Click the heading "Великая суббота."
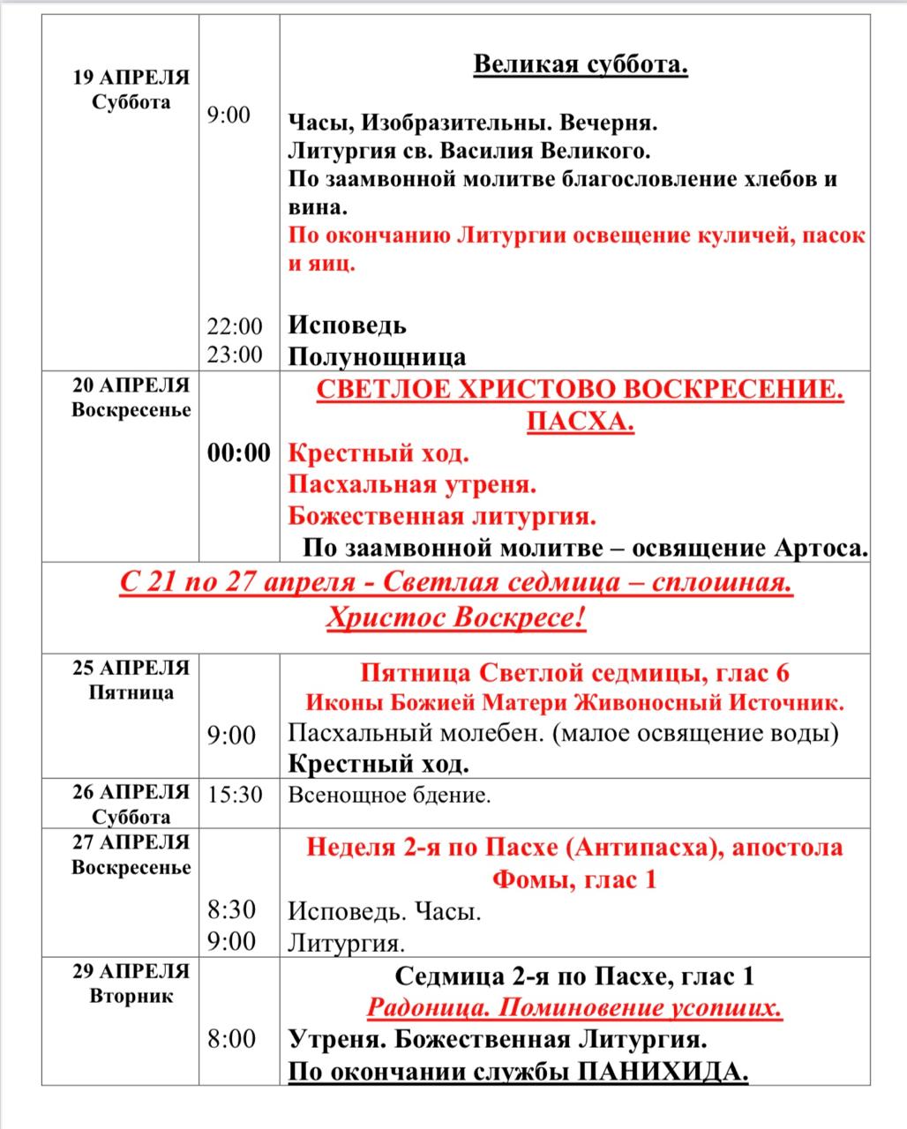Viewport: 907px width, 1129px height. [x=581, y=65]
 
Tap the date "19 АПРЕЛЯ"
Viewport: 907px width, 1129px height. [x=131, y=78]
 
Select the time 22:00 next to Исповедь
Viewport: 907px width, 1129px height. [x=235, y=326]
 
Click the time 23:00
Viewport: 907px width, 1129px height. [x=235, y=355]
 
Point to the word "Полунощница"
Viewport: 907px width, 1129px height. [x=378, y=356]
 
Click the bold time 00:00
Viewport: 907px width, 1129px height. [x=238, y=453]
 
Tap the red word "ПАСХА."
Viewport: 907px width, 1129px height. [x=581, y=422]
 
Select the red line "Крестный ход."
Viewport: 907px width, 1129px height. [x=379, y=454]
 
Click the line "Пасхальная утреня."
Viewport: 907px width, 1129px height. [x=413, y=485]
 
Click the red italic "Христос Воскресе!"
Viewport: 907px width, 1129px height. [x=456, y=618]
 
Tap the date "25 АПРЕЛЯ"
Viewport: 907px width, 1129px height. [x=131, y=668]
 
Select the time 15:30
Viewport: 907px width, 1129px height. [x=235, y=795]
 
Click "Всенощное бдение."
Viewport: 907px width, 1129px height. [x=389, y=796]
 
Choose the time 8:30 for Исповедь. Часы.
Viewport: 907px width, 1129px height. [x=232, y=910]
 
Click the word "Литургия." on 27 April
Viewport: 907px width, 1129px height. [x=347, y=943]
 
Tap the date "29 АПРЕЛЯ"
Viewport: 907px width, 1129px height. [x=131, y=971]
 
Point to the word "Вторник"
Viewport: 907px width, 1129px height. [x=131, y=997]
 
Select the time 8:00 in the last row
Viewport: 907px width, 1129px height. [x=232, y=1038]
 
